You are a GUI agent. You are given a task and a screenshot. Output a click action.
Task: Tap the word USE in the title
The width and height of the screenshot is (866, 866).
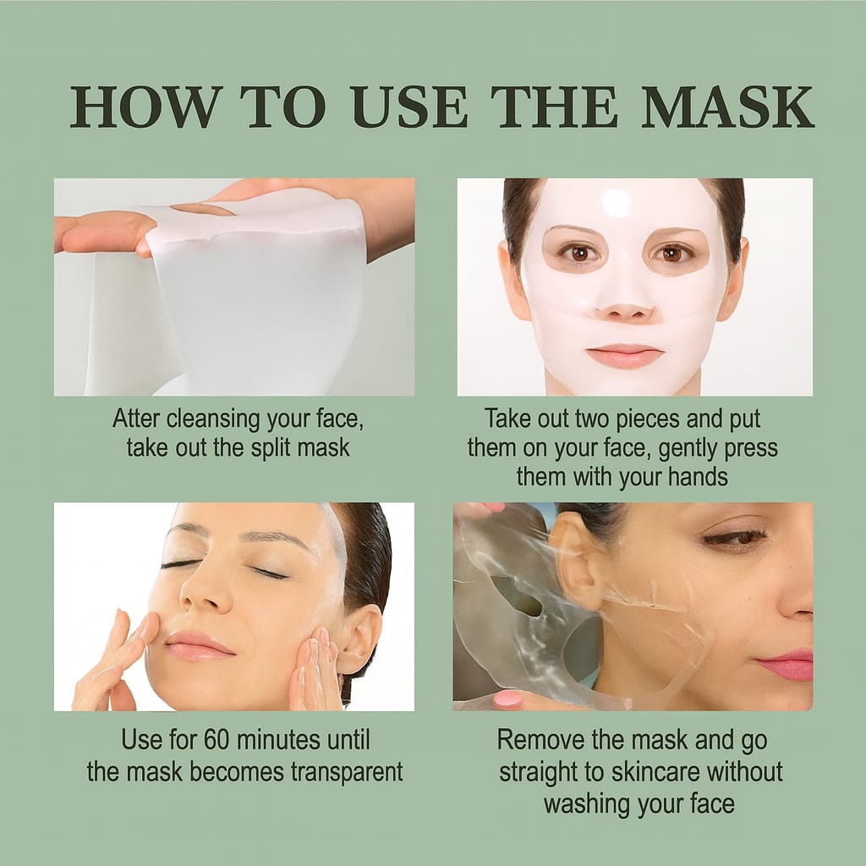409,107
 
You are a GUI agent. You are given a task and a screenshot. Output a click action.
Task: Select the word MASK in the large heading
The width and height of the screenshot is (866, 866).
726,107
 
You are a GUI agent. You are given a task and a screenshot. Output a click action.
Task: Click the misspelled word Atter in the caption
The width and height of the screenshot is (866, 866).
138,419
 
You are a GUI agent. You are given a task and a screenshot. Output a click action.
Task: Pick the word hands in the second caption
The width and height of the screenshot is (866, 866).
696,476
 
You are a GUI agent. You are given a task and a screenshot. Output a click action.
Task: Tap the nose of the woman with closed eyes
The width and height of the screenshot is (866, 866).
203,592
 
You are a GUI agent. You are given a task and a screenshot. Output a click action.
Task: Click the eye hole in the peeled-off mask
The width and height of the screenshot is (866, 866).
518,597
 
